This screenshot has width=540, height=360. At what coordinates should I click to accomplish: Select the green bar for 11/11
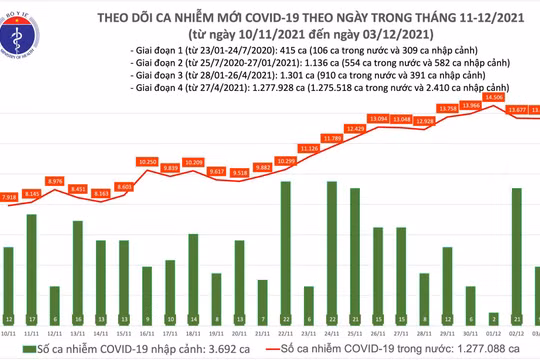click(33, 261)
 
